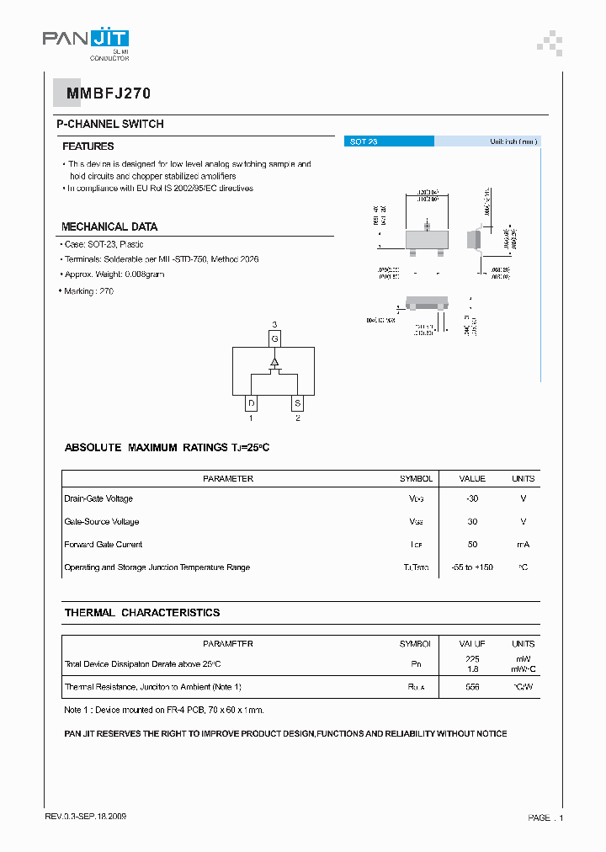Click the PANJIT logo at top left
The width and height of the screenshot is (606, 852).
[86, 40]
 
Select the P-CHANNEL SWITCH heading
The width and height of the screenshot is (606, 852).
[109, 125]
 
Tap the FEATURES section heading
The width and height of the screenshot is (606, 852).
[88, 146]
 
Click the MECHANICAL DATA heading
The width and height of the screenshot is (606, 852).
[109, 226]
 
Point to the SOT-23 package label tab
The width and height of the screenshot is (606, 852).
[364, 142]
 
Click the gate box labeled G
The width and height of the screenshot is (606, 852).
[274, 338]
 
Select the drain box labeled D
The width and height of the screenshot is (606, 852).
[251, 403]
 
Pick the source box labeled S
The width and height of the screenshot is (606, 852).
[297, 403]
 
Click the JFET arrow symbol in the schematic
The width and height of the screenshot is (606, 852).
[274, 363]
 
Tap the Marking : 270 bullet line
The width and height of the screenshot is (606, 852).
[88, 291]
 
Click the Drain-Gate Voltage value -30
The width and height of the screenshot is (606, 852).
[472, 499]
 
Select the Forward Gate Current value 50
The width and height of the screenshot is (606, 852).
[472, 545]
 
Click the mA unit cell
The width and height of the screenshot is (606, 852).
[523, 545]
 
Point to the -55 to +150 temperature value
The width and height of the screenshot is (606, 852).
[472, 567]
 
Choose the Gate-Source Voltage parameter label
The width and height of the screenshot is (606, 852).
[102, 522]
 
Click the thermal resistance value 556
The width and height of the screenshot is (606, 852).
[472, 687]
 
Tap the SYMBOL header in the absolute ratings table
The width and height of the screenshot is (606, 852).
[416, 478]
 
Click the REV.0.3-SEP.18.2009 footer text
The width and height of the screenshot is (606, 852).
[86, 817]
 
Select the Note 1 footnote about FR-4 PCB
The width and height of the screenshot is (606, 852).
[164, 710]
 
